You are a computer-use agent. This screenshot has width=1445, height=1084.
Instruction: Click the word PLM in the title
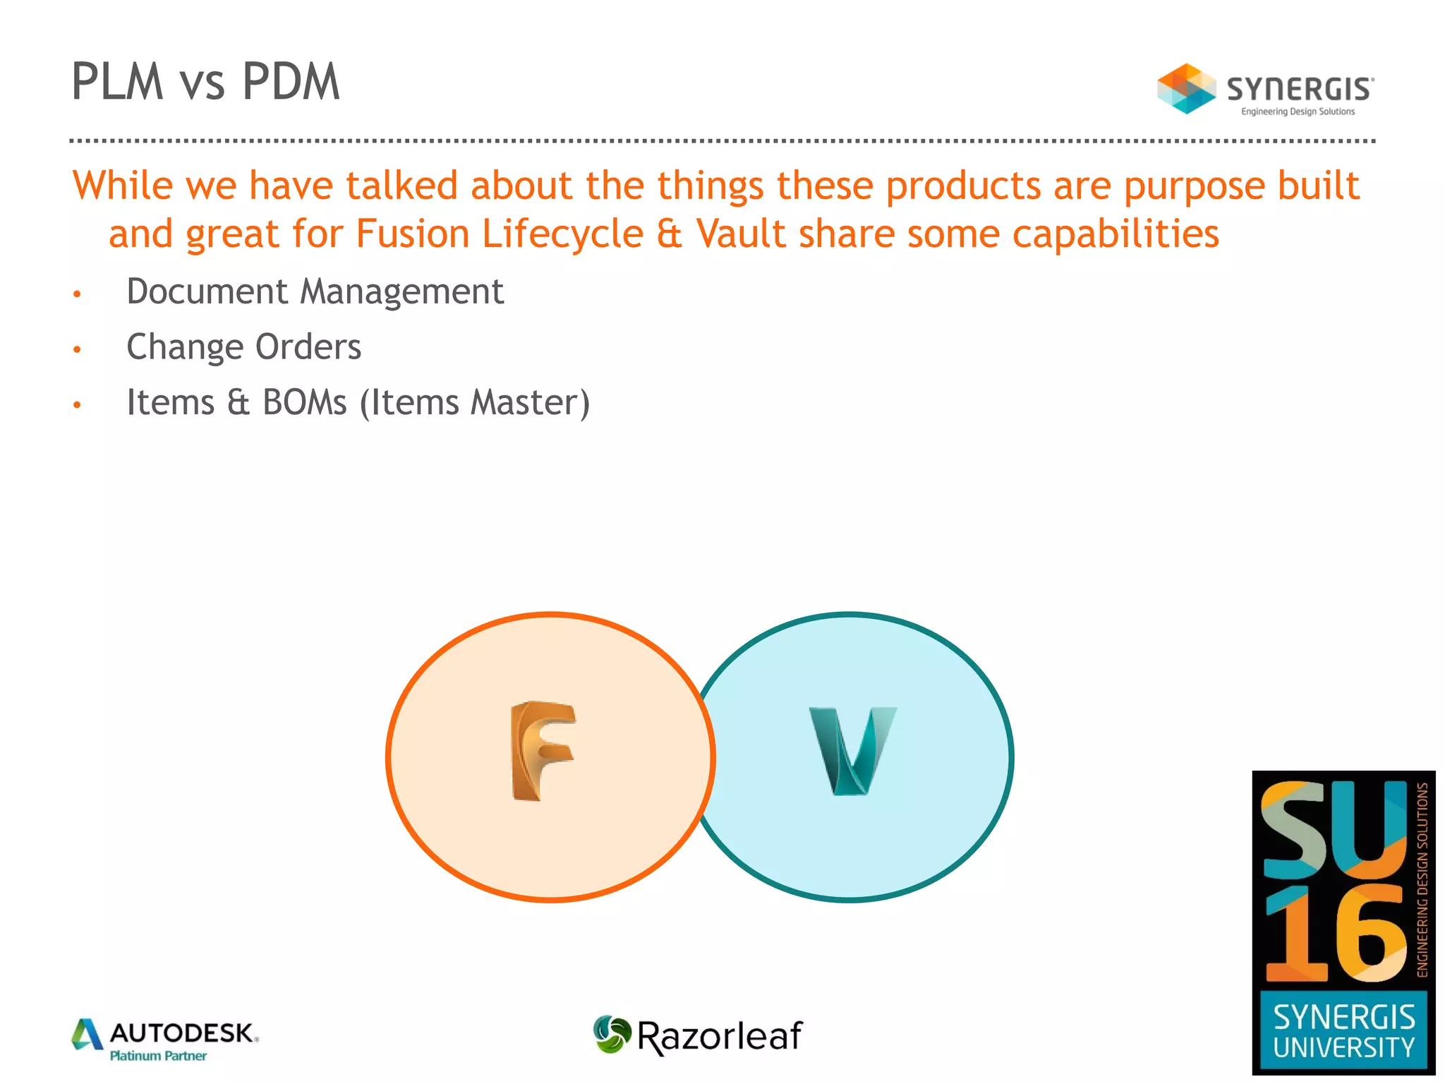118,82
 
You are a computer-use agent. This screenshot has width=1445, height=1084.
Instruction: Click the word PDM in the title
291,82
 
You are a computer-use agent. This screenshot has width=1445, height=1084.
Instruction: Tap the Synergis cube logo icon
1186,89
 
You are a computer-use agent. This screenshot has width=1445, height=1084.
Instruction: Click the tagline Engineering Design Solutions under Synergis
1298,112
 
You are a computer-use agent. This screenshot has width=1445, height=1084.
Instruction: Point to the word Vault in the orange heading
741,234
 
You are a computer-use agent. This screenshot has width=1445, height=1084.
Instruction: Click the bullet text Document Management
315,291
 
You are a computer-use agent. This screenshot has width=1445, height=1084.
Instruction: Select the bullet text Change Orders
243,347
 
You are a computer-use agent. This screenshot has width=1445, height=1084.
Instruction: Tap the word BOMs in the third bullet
305,402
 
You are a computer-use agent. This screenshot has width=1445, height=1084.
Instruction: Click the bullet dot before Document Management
78,294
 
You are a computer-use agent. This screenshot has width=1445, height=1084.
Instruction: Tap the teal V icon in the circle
852,751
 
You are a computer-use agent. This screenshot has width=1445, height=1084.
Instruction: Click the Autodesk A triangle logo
87,1035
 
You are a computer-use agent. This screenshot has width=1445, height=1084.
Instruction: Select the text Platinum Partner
158,1056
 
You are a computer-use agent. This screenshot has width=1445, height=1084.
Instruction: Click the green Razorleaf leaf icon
612,1035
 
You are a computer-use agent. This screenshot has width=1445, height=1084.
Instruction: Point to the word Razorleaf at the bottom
719,1036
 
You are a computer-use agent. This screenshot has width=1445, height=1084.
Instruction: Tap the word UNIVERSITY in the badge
1343,1048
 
